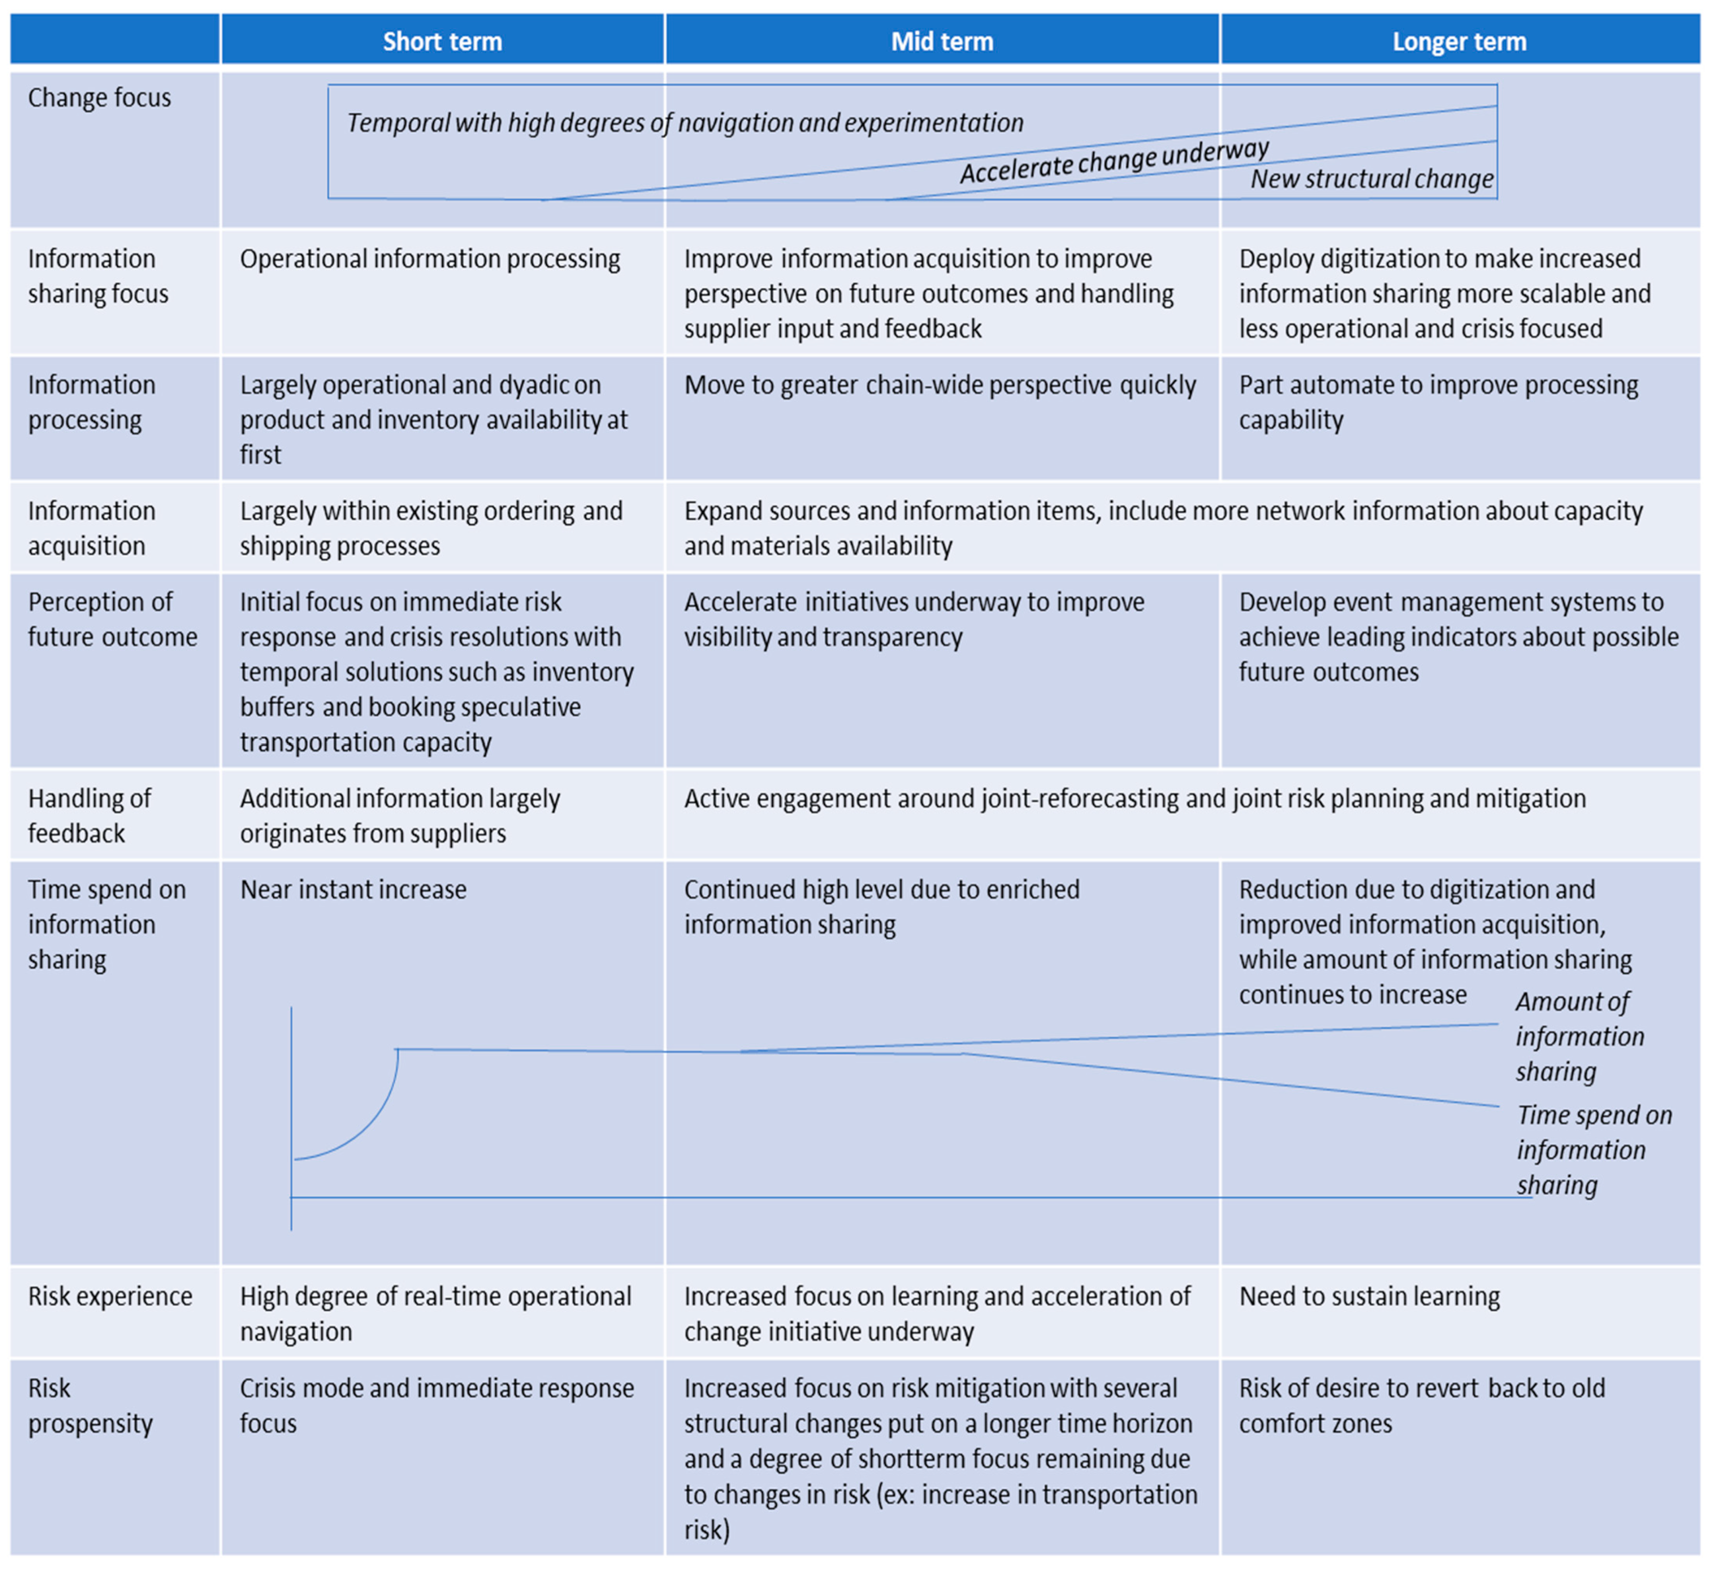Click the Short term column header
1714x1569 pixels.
(x=442, y=41)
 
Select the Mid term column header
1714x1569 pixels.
(x=942, y=41)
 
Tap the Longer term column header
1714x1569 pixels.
(x=1459, y=41)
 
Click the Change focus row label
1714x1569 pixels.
(x=99, y=98)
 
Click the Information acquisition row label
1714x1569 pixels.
(x=92, y=528)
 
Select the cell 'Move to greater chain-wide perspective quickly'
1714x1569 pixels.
(x=939, y=385)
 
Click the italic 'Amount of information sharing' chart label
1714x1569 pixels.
(x=1579, y=1037)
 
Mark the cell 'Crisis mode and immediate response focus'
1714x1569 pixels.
(x=436, y=1406)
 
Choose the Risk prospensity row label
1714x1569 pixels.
(x=90, y=1406)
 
